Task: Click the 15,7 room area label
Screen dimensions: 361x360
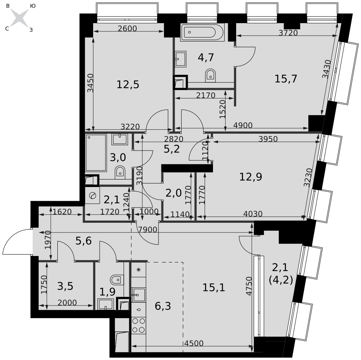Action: [286, 79]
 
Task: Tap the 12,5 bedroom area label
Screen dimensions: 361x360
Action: [128, 85]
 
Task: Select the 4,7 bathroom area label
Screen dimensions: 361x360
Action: [206, 57]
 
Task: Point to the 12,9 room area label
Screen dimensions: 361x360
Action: [251, 177]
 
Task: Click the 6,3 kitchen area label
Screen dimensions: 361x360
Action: [163, 306]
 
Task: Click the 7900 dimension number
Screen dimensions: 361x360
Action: [148, 229]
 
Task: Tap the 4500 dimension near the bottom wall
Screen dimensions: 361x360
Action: [194, 343]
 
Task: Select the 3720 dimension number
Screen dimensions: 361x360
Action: [288, 33]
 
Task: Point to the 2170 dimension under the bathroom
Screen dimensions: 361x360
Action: [206, 95]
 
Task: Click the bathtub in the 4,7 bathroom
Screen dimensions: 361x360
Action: [202, 32]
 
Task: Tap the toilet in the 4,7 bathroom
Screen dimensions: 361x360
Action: [210, 75]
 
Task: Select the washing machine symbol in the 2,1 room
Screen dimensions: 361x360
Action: [92, 196]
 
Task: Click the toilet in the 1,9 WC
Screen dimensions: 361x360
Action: [117, 280]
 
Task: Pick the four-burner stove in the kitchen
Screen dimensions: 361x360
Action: [139, 325]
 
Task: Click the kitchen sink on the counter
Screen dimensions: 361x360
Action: [138, 295]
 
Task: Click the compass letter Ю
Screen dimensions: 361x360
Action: [33, 6]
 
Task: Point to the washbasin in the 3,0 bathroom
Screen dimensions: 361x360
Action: [120, 139]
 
